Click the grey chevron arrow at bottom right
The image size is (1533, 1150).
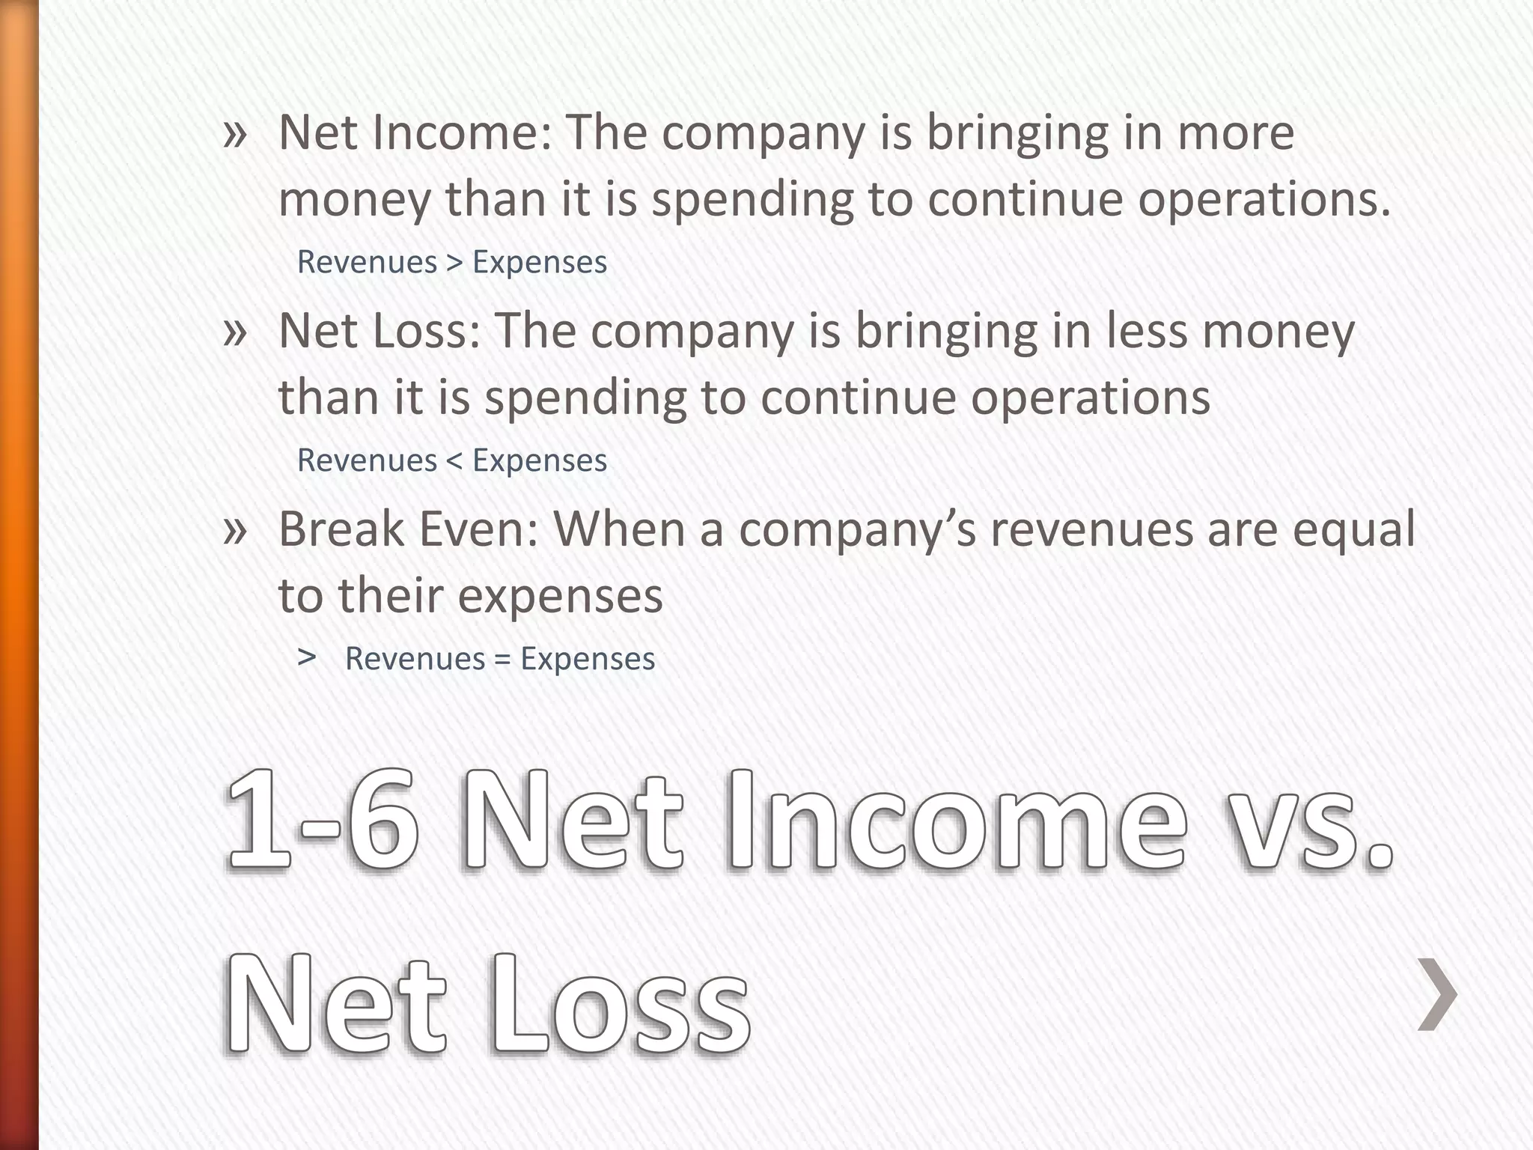click(1437, 994)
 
